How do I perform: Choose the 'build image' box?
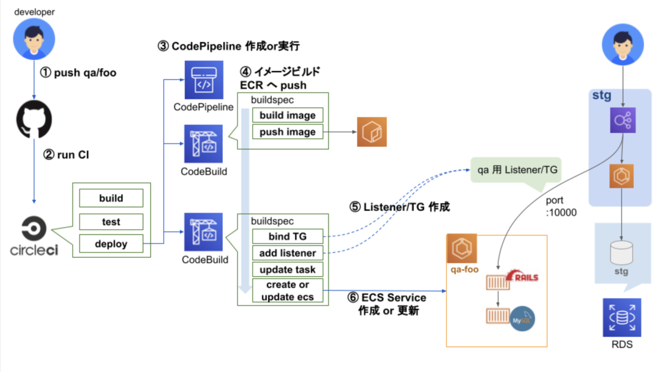click(x=287, y=115)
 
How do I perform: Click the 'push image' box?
click(x=287, y=132)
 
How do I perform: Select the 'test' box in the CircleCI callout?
click(x=111, y=222)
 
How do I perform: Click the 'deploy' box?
click(x=111, y=243)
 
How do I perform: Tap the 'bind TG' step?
click(x=287, y=236)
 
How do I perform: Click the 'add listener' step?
click(x=287, y=253)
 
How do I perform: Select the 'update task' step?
click(x=287, y=269)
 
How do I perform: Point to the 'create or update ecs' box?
click(x=287, y=291)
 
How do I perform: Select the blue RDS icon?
click(x=622, y=317)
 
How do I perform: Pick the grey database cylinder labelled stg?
click(x=622, y=253)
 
